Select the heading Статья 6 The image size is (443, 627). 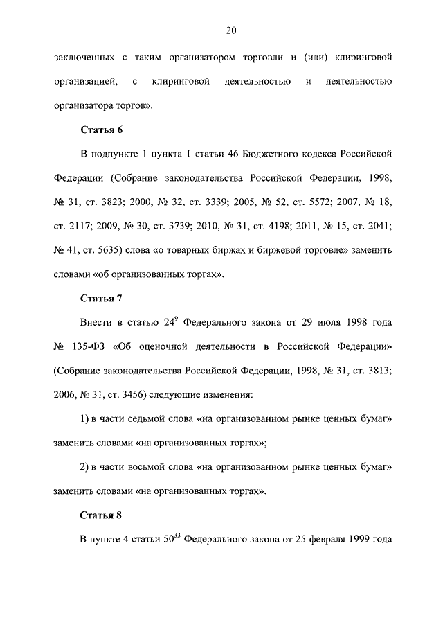pyautogui.click(x=102, y=129)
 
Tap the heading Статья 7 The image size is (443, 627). pyautogui.click(x=102, y=299)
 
